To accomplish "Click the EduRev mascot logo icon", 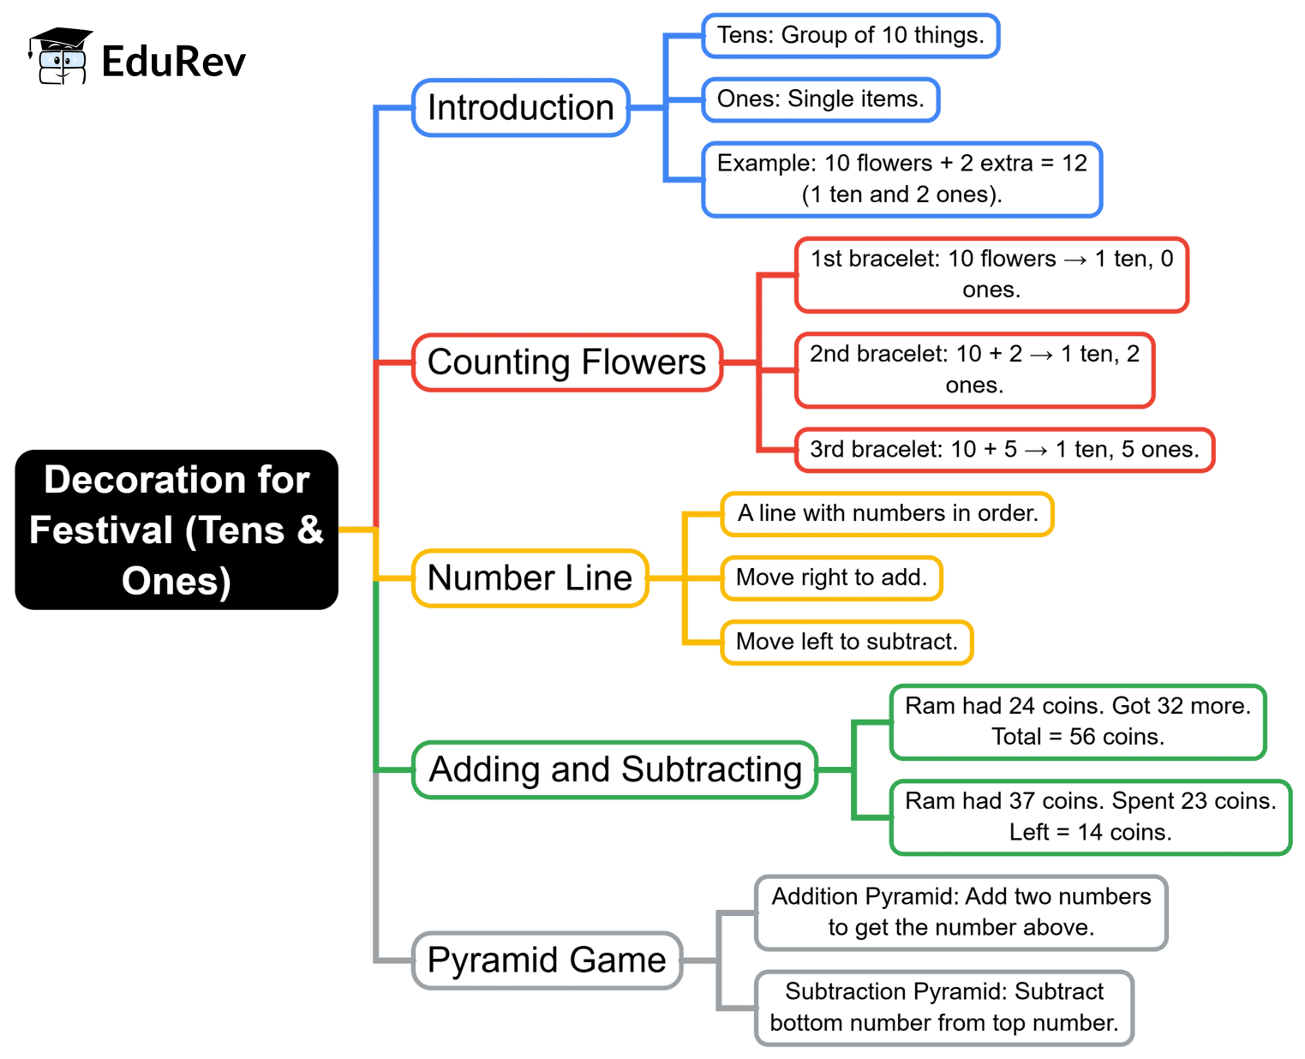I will pyautogui.click(x=60, y=57).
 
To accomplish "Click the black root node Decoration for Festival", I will pyautogui.click(x=177, y=529).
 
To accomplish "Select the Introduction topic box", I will pyautogui.click(x=521, y=108).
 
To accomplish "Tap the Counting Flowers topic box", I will pyautogui.click(x=566, y=362).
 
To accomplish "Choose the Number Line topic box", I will pyautogui.click(x=530, y=578).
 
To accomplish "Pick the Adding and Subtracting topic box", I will pyautogui.click(x=614, y=769).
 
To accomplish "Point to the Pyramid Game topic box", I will pyautogui.click(x=547, y=960).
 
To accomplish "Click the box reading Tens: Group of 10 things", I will pyautogui.click(x=850, y=36).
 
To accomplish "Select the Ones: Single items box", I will pyautogui.click(x=820, y=99).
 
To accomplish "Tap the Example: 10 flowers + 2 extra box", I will pyautogui.click(x=901, y=179).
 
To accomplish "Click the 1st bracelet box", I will pyautogui.click(x=991, y=274).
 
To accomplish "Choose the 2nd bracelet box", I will pyautogui.click(x=974, y=369).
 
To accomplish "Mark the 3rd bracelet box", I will pyautogui.click(x=1004, y=450).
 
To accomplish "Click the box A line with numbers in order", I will pyautogui.click(x=887, y=514).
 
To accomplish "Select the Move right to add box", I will pyautogui.click(x=831, y=577).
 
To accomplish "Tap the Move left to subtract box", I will pyautogui.click(x=847, y=642).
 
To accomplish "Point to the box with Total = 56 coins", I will pyautogui.click(x=1078, y=721).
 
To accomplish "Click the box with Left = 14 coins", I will pyautogui.click(x=1090, y=817).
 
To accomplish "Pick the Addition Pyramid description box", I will pyautogui.click(x=961, y=912).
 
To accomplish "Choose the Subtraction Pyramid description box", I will pyautogui.click(x=944, y=1008).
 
